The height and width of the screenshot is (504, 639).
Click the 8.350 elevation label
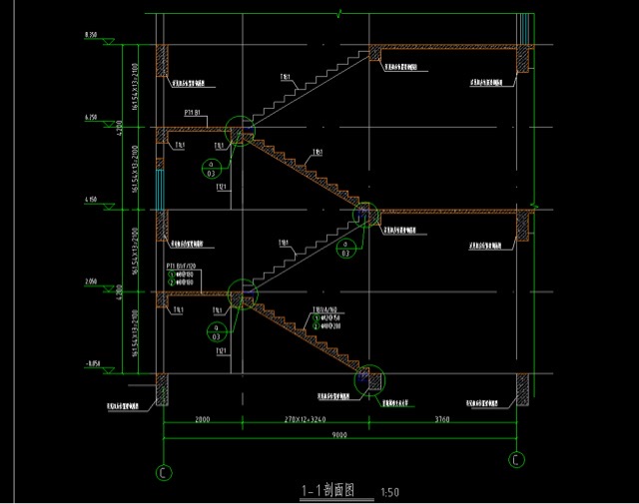91,35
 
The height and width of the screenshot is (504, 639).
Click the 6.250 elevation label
91,118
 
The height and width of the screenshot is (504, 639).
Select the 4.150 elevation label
91,201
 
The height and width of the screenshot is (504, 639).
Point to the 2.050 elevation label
91,283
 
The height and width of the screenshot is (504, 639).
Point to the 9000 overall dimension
339,435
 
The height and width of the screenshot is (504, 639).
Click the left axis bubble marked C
164,472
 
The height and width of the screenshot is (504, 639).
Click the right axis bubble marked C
516,459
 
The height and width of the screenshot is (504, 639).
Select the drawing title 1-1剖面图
327,491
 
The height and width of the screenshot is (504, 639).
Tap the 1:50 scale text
390,492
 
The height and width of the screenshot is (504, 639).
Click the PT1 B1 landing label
194,113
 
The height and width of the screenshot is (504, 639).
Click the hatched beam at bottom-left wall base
162,388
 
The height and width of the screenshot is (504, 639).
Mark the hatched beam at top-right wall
522,58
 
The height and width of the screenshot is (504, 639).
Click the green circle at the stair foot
368,380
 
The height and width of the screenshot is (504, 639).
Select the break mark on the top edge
339,13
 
